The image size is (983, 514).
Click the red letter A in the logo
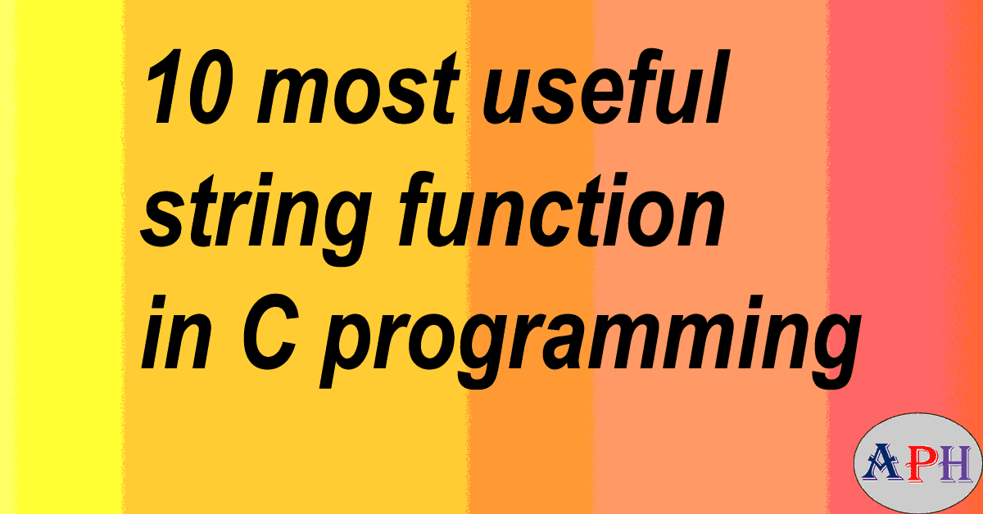(x=881, y=463)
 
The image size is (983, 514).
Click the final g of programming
(x=822, y=348)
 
